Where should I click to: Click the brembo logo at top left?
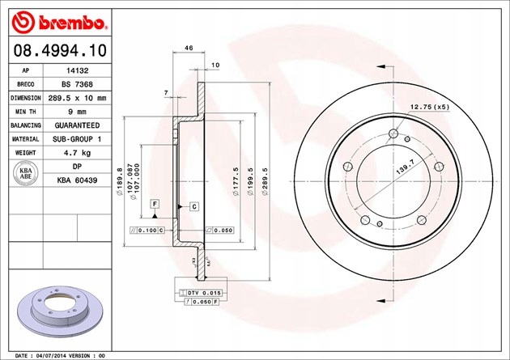coord(55,19)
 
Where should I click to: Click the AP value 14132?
coord(77,70)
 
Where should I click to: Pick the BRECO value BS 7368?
coord(77,84)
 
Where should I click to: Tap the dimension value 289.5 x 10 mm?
coord(77,98)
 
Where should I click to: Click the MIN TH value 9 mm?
coord(77,112)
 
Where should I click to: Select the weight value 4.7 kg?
coord(77,153)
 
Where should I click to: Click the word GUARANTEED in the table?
coord(77,125)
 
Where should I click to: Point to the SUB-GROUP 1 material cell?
coord(77,139)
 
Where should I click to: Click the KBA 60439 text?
coord(77,180)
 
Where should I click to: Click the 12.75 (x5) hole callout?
coord(429,107)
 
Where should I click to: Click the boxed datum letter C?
coord(194,207)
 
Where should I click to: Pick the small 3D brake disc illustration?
coord(53,311)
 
